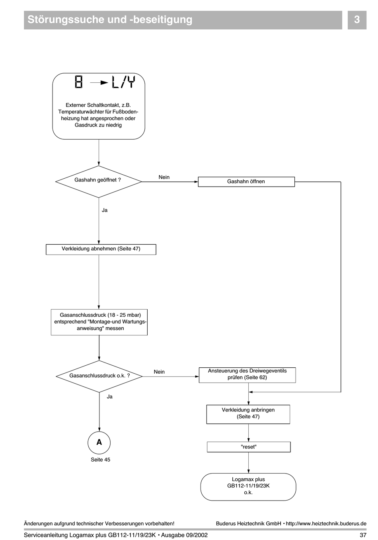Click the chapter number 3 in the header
point(357,19)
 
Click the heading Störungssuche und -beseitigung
point(110,20)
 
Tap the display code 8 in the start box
point(79,82)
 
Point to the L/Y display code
point(123,82)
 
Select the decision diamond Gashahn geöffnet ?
point(99,181)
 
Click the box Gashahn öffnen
point(246,181)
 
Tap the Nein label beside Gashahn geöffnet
point(164,177)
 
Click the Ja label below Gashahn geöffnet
point(105,210)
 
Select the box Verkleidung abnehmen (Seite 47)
point(101,249)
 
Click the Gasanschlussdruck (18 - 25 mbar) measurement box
point(99,322)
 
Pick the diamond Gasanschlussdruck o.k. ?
point(99,376)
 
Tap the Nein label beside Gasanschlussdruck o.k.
point(159,372)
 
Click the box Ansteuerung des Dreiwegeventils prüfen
point(247,375)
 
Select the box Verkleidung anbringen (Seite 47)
point(248,414)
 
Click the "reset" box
point(249,447)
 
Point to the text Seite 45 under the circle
point(100,460)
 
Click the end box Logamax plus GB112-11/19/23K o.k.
point(248,487)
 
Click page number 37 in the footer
point(363,535)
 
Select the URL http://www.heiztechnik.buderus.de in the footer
point(326,523)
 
